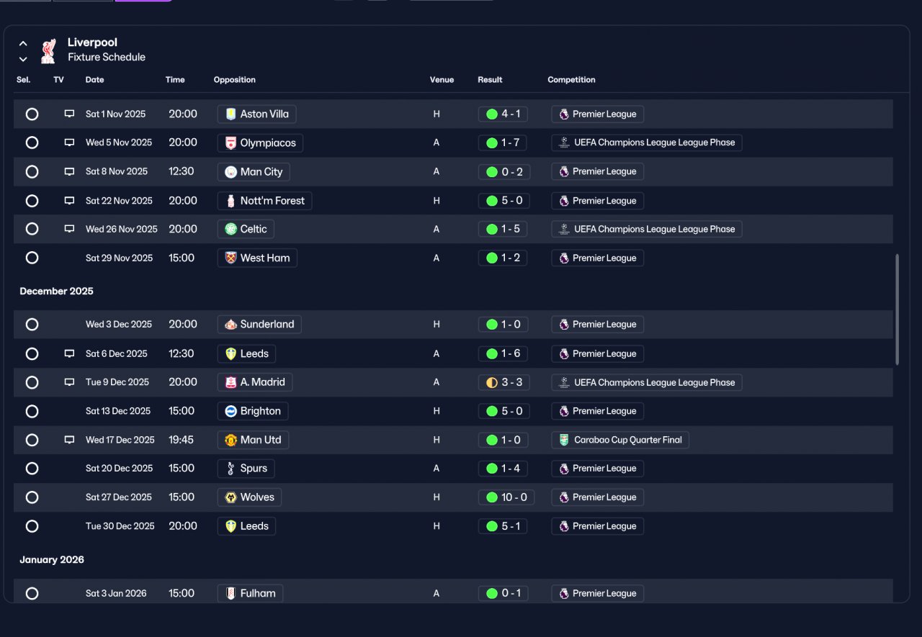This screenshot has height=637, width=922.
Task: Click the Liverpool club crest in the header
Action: (x=48, y=50)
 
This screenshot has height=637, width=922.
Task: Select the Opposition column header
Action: (x=234, y=80)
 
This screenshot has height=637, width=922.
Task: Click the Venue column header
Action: (x=442, y=80)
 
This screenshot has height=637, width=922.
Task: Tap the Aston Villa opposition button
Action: (x=257, y=114)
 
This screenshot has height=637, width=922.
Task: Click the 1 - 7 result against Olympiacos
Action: (x=503, y=143)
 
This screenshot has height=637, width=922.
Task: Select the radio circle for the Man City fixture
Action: (x=32, y=171)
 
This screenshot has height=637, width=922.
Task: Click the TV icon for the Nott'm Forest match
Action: (x=69, y=201)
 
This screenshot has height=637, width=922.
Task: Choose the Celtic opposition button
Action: (x=246, y=229)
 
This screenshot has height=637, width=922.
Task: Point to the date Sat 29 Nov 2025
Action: (x=119, y=258)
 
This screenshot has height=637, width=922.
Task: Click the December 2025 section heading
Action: (x=56, y=292)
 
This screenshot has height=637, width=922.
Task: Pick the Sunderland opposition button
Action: (x=259, y=324)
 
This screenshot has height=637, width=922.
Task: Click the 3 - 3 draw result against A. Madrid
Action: (x=504, y=382)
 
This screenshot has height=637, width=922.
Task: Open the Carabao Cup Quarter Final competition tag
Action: (x=620, y=440)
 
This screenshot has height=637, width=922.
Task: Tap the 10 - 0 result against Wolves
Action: (x=506, y=497)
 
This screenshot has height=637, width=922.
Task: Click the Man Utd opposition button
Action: (x=253, y=440)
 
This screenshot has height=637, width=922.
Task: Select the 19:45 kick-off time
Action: (x=181, y=440)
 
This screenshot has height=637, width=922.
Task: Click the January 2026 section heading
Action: (x=52, y=560)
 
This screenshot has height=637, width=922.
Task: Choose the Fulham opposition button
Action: (x=250, y=593)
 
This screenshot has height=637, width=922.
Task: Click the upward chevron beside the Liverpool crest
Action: (x=23, y=43)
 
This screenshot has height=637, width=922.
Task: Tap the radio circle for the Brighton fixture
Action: (x=32, y=411)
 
